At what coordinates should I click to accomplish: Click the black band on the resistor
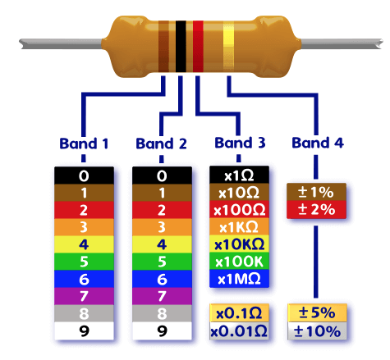click(181, 47)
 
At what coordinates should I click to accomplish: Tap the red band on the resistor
click(198, 47)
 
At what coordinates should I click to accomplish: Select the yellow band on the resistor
click(228, 47)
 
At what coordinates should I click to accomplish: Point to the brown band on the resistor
click(163, 47)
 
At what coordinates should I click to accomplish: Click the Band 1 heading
click(84, 144)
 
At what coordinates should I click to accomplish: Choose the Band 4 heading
click(318, 143)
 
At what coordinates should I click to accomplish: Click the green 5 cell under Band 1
click(84, 262)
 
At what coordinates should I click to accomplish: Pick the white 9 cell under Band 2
click(162, 330)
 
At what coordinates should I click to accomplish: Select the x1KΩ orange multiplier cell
click(239, 227)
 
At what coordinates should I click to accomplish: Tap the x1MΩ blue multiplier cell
click(239, 279)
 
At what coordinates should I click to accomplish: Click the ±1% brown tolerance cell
click(316, 192)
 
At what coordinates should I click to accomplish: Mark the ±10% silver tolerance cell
click(317, 331)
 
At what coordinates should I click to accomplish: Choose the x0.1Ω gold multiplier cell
click(239, 313)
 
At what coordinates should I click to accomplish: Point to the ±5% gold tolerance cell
click(317, 313)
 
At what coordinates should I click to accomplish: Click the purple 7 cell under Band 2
click(162, 296)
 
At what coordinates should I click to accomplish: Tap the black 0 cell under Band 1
click(84, 175)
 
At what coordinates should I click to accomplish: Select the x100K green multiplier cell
click(239, 262)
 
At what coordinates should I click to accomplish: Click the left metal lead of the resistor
click(61, 44)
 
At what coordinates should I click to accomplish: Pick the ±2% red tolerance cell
click(316, 210)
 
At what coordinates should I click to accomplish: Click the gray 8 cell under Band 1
click(84, 313)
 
